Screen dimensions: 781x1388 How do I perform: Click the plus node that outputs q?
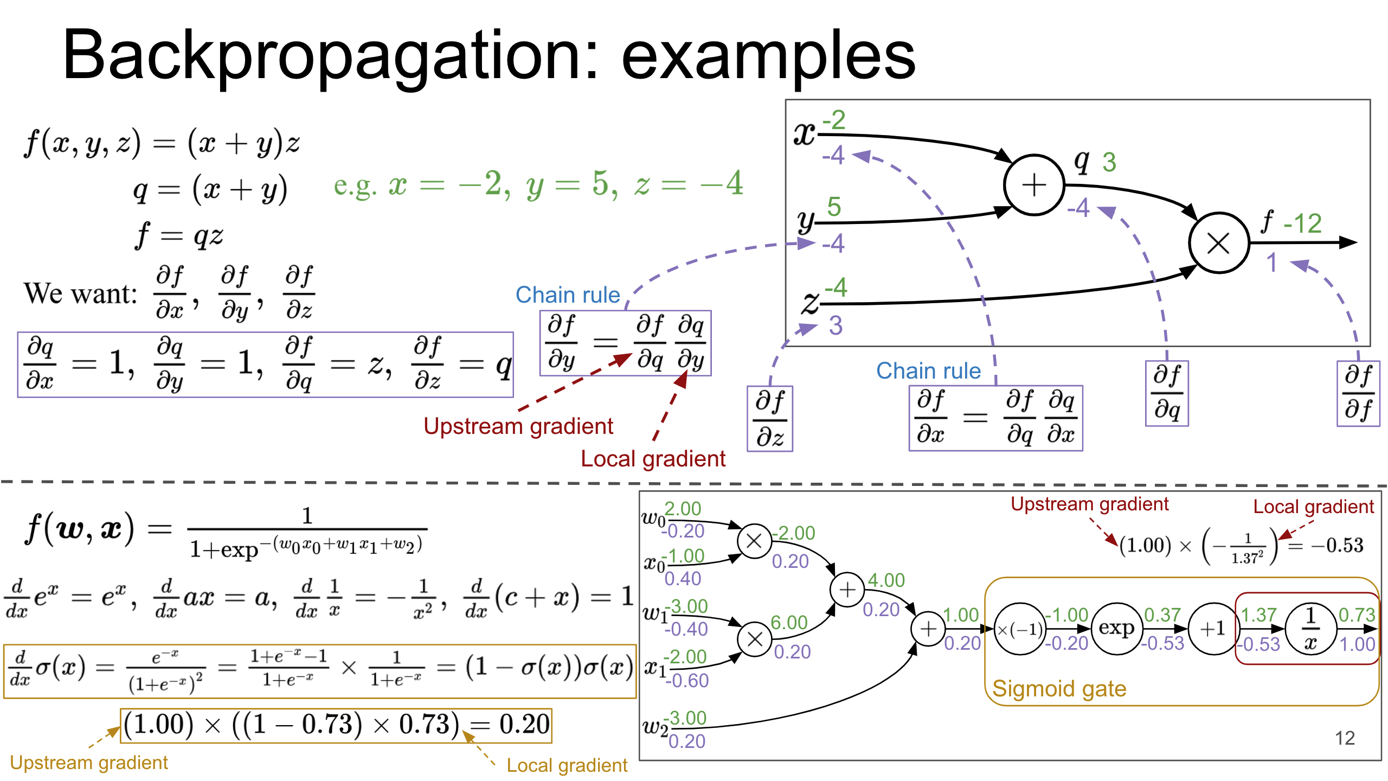(1033, 185)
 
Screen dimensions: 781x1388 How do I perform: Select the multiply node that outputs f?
(1218, 243)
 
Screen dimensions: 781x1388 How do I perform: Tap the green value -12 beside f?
(1302, 223)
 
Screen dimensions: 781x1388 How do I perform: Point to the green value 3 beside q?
(1109, 162)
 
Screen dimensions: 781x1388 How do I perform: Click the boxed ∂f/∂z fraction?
(770, 419)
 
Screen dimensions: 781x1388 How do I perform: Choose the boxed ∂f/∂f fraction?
(1358, 393)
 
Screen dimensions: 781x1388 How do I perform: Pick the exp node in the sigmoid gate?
(1116, 629)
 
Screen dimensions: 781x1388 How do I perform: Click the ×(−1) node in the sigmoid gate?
(1020, 629)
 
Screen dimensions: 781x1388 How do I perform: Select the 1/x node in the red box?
(1310, 629)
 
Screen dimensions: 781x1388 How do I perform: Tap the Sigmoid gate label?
(1059, 689)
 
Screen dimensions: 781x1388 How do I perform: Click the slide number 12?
(1345, 738)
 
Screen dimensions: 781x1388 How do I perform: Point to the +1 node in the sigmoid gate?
(1213, 629)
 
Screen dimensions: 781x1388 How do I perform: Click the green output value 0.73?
(1357, 615)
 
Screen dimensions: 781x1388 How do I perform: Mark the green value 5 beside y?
(834, 207)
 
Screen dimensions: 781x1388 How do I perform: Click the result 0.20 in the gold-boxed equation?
(524, 725)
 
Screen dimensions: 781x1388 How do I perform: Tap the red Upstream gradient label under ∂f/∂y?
(518, 426)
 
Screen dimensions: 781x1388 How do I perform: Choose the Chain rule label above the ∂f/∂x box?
(928, 371)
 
